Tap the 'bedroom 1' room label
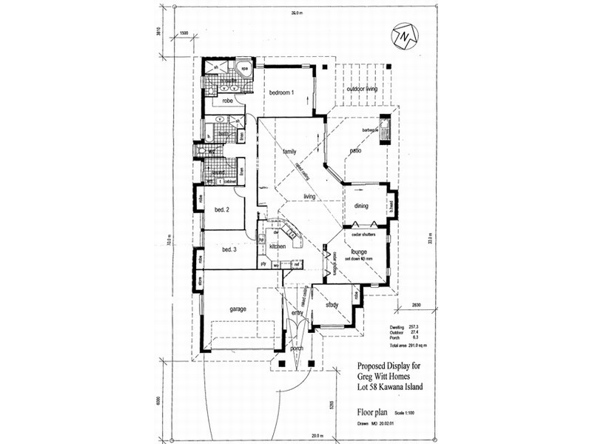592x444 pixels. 281,92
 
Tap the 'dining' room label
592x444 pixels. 361,206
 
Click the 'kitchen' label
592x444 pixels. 277,246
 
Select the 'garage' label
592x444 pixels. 237,309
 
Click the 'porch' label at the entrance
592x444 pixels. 296,349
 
